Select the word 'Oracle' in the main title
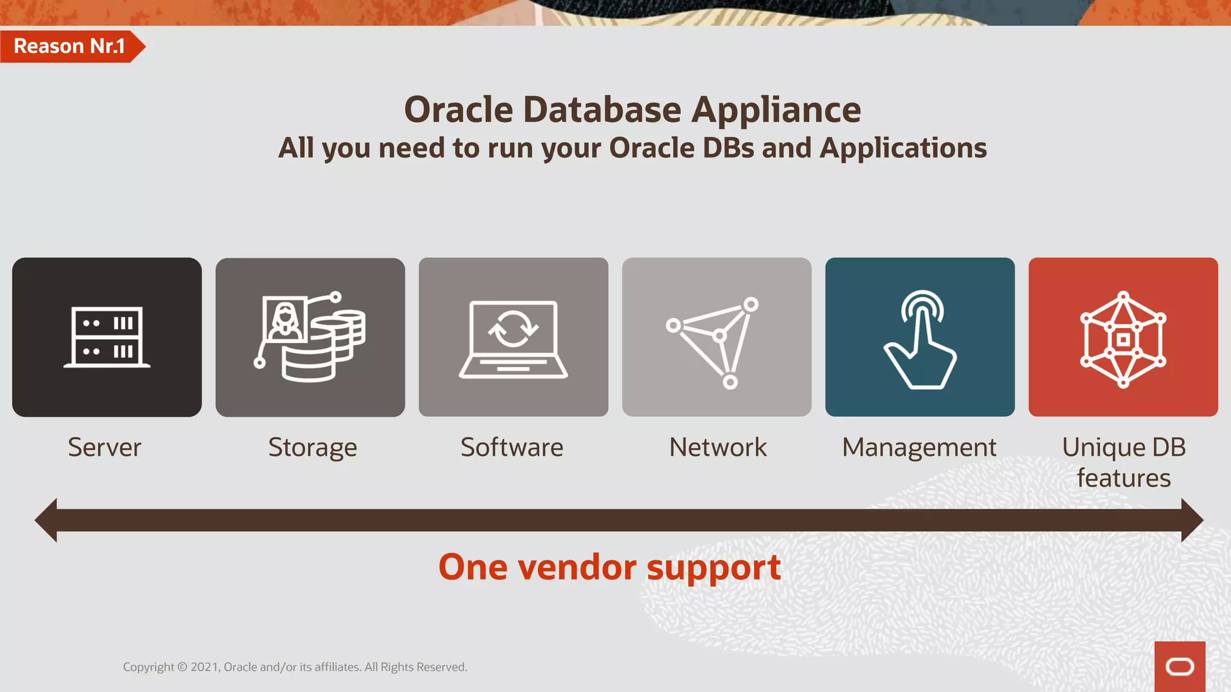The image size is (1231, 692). coord(458,110)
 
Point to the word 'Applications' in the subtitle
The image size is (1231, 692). coord(903,148)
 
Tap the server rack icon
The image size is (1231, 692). coord(107,337)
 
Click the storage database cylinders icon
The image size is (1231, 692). coord(310,337)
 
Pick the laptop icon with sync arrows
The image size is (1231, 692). coord(513,339)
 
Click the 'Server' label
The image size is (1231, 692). coord(105,448)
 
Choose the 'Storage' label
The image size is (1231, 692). coord(313,448)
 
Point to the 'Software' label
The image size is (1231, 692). coord(512,448)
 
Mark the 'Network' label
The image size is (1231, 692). coord(718,448)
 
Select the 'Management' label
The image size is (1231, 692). coord(919,448)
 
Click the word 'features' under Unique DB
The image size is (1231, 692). coord(1123,478)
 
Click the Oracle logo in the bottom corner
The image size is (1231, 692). coord(1179,666)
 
